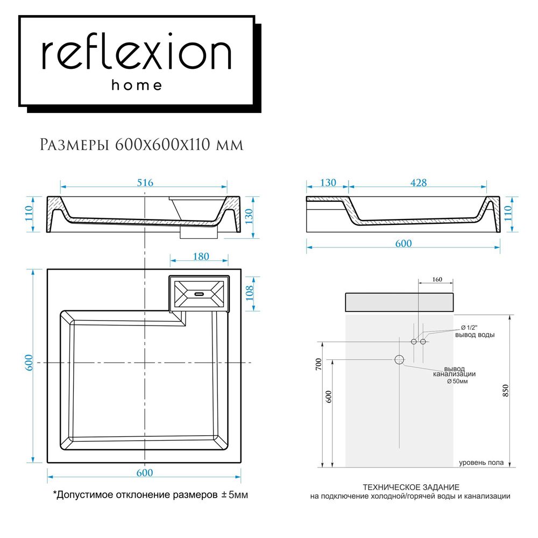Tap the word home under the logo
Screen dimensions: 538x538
coord(136,85)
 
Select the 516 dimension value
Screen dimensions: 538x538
coord(145,182)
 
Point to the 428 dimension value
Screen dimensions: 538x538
coord(418,182)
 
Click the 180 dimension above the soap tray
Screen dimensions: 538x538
coord(200,257)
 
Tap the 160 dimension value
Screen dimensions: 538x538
coord(436,279)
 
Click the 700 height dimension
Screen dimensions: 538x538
coord(318,366)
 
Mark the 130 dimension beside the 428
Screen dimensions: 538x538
coord(327,182)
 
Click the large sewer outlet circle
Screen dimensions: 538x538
coord(399,360)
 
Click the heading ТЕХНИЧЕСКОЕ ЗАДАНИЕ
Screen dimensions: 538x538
coord(411,487)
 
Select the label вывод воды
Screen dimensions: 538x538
coord(475,335)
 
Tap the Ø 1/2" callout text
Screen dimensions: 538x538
coord(470,328)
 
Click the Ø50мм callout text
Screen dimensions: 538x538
coord(457,381)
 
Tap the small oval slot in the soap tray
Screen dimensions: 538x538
coord(199,294)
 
